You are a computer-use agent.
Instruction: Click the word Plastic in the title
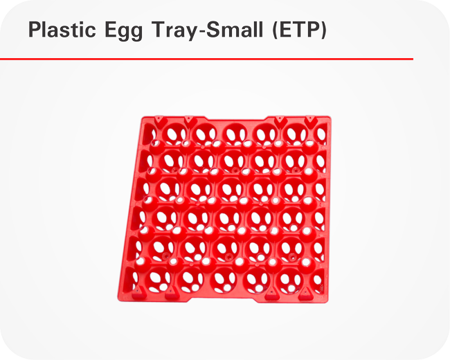pyautogui.click(x=62, y=29)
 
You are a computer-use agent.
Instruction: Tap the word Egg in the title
pyautogui.click(x=123, y=30)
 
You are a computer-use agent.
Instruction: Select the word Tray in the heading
pyautogui.click(x=174, y=30)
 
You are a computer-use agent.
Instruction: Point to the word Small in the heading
pyautogui.click(x=234, y=29)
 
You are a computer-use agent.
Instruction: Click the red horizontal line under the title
pyautogui.click(x=206, y=59)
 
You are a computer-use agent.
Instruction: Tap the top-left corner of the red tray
pyautogui.click(x=143, y=117)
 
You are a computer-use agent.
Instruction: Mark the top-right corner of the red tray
pyautogui.click(x=330, y=117)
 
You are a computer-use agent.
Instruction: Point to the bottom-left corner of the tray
pyautogui.click(x=118, y=300)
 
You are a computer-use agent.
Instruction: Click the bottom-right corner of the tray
pyautogui.click(x=327, y=302)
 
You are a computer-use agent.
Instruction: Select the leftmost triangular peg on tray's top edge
pyautogui.click(x=159, y=120)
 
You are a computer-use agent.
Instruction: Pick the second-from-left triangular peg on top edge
pyautogui.click(x=188, y=120)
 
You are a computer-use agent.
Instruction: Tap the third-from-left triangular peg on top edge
pyautogui.click(x=279, y=120)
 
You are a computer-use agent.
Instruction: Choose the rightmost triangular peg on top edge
pyautogui.click(x=309, y=120)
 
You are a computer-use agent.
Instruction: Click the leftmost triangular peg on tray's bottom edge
pyautogui.click(x=137, y=291)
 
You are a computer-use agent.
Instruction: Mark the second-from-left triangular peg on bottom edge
pyautogui.click(x=170, y=293)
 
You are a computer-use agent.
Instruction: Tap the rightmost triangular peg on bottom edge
pyautogui.click(x=305, y=294)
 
